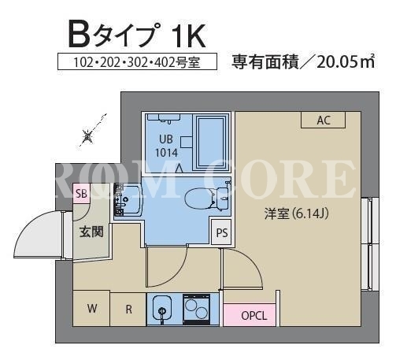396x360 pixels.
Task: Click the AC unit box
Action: click(x=323, y=120)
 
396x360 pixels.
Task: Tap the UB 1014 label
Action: click(x=166, y=146)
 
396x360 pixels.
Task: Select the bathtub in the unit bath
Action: click(x=211, y=143)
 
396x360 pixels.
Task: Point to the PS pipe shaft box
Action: click(x=222, y=232)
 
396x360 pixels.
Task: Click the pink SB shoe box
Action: click(x=82, y=194)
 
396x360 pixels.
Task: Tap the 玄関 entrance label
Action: click(x=91, y=232)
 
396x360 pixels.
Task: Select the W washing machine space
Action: click(x=91, y=308)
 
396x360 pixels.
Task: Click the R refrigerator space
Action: click(x=128, y=309)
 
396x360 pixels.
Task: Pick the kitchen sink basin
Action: click(x=162, y=308)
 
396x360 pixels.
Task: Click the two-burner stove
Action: click(x=196, y=309)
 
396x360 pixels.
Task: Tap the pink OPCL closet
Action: click(x=250, y=315)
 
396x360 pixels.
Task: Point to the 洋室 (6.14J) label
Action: click(x=296, y=214)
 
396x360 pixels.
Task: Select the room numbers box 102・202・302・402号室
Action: click(x=137, y=61)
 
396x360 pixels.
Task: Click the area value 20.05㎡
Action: click(x=346, y=62)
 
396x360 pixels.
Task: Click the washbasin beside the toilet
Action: click(x=128, y=200)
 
